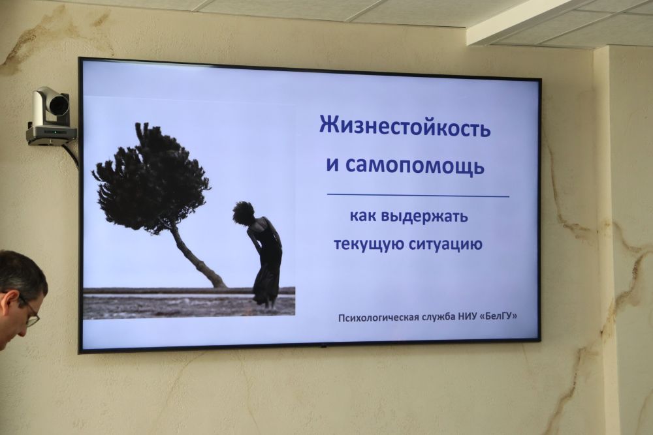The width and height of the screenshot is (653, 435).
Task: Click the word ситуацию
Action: (445, 243)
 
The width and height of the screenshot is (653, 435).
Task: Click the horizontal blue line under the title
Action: (418, 195)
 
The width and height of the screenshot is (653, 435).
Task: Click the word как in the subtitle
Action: (362, 216)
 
